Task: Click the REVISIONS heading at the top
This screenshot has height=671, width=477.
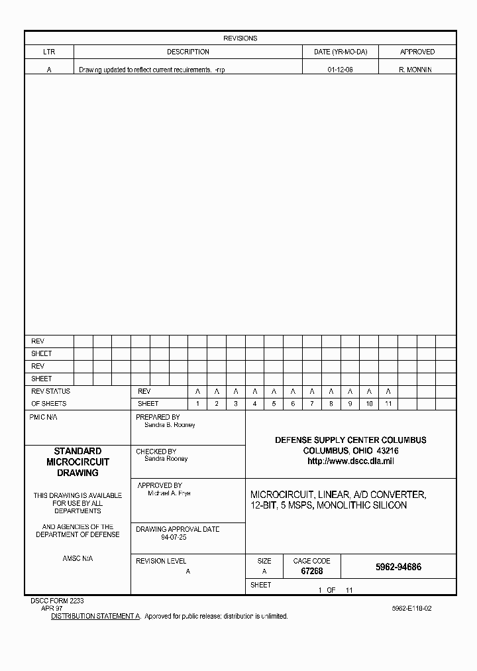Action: click(240, 38)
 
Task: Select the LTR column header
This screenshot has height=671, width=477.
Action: click(49, 52)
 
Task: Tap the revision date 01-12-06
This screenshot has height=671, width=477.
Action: click(340, 70)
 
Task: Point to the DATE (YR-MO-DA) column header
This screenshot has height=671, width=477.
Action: click(340, 52)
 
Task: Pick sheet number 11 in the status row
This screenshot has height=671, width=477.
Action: click(388, 404)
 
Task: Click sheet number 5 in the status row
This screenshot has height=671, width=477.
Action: click(274, 404)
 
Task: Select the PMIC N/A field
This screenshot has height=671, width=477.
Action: click(44, 418)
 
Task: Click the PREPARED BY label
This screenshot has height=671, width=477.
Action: click(158, 418)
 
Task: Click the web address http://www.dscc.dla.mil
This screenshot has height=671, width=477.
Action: click(350, 461)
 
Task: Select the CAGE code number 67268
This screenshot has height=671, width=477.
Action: click(311, 571)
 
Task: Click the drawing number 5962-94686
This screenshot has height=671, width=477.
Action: click(398, 568)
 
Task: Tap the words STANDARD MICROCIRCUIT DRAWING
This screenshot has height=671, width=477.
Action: click(78, 462)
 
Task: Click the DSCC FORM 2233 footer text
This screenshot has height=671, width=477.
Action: click(57, 601)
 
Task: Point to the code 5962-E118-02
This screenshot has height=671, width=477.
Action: click(411, 608)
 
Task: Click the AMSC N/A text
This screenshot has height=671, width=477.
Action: click(78, 559)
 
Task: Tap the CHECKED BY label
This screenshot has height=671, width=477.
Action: click(156, 452)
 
